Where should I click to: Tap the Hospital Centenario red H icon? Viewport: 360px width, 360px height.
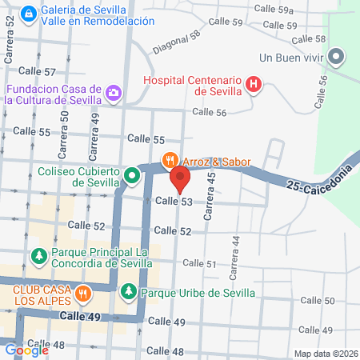(254, 84)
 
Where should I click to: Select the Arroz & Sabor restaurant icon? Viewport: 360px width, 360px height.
(170, 161)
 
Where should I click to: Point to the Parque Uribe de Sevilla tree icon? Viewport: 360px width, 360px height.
(129, 292)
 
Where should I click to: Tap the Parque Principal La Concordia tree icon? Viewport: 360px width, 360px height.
(38, 256)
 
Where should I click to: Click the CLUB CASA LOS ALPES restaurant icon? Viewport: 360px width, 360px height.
(82, 294)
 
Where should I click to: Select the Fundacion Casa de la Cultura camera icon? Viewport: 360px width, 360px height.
(114, 94)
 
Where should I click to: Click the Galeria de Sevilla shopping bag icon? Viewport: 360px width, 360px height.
(29, 14)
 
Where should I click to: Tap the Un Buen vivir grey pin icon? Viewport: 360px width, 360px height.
(337, 57)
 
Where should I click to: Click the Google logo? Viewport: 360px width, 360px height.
(26, 350)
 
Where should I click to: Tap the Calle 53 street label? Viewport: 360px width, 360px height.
(174, 202)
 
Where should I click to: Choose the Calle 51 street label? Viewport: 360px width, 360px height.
(200, 263)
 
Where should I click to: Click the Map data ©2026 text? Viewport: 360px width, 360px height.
(325, 354)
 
